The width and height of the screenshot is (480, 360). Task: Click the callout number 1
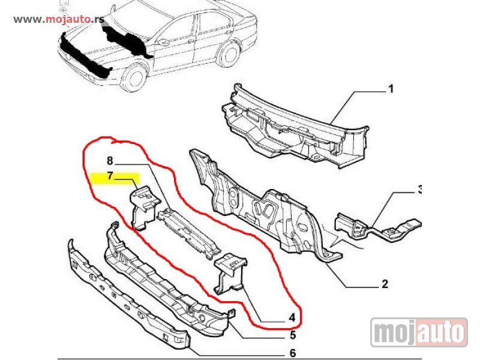click(391, 89)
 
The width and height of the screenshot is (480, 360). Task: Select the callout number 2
click(385, 284)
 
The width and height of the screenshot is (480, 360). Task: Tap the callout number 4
click(292, 317)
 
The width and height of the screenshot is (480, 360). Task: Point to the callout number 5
click(293, 335)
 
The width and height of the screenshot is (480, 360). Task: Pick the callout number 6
click(293, 353)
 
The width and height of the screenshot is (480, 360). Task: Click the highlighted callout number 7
click(110, 176)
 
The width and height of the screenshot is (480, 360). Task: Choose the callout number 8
click(110, 160)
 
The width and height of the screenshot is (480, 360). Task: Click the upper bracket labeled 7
click(145, 208)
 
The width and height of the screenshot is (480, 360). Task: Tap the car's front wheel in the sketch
click(134, 77)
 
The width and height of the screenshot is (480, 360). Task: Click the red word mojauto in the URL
click(68, 19)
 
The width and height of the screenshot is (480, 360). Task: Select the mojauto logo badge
click(419, 332)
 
